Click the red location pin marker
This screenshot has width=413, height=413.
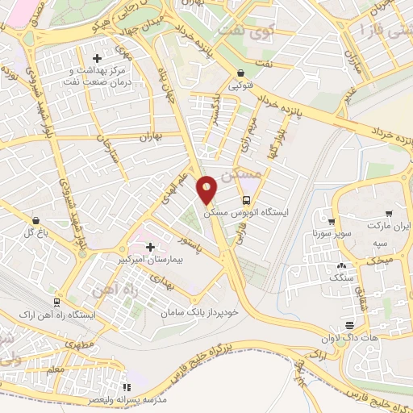(x=207, y=190)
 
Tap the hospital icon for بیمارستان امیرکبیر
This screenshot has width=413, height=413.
(x=149, y=247)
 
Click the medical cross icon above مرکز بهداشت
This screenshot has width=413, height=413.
(x=98, y=59)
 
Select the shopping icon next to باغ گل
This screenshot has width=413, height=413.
(x=35, y=219)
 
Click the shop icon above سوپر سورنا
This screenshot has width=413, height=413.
(x=332, y=222)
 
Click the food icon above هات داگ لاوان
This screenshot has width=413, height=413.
(x=348, y=326)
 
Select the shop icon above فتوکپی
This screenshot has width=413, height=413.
(x=242, y=72)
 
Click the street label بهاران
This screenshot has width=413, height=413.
(x=149, y=138)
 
